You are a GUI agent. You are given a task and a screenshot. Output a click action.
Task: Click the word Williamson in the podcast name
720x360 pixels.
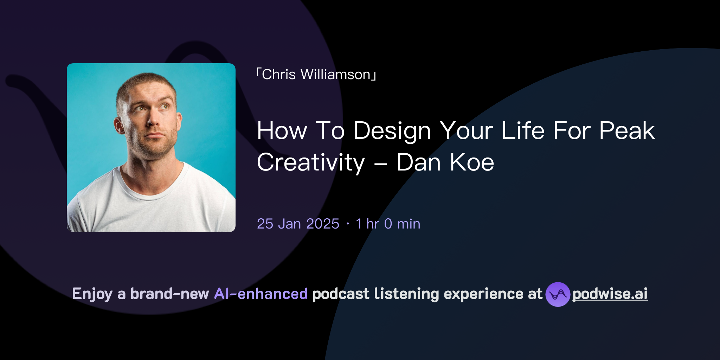335,75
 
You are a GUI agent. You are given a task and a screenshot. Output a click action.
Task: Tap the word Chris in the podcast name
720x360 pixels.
279,75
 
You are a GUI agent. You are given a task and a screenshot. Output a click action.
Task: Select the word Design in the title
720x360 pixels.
392,131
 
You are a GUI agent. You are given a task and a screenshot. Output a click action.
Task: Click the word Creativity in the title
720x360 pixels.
311,163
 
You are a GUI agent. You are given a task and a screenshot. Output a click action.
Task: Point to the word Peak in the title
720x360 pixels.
627,131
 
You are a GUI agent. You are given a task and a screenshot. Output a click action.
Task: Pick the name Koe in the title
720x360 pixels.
472,163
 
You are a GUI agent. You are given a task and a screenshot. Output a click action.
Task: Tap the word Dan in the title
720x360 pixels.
418,163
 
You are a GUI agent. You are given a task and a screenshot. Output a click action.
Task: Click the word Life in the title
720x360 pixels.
523,131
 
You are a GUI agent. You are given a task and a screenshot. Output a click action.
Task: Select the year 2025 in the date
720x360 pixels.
323,224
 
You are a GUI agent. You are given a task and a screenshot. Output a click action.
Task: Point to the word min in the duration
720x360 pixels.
409,224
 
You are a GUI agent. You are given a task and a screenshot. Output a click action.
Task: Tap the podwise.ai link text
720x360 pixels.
610,294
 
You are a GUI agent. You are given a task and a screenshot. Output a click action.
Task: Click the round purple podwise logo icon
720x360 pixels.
558,294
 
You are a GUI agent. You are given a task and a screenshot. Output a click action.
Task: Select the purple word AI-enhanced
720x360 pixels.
261,294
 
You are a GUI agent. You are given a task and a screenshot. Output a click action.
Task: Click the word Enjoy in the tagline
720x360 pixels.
92,294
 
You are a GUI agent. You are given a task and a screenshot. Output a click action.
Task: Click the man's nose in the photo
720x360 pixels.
153,120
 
